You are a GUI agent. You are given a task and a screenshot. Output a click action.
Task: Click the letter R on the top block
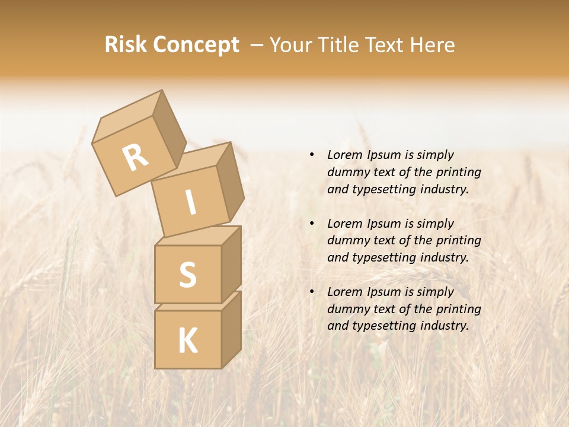tap(135, 157)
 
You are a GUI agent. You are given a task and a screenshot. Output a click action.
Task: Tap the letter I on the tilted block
tap(190, 203)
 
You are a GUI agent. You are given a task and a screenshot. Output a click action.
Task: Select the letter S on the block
tap(187, 275)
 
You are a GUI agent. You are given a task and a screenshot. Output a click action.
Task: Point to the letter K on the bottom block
tap(187, 340)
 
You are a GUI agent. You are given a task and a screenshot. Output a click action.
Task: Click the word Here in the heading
tap(434, 44)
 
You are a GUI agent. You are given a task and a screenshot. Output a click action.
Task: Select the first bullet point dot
tap(312, 155)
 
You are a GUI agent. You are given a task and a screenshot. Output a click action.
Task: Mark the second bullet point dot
tap(312, 224)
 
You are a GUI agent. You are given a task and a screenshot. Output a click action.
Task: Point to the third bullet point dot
tap(312, 292)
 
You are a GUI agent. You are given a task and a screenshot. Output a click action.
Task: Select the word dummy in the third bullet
tap(346, 309)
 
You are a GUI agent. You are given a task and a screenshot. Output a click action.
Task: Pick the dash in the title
tap(257, 44)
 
